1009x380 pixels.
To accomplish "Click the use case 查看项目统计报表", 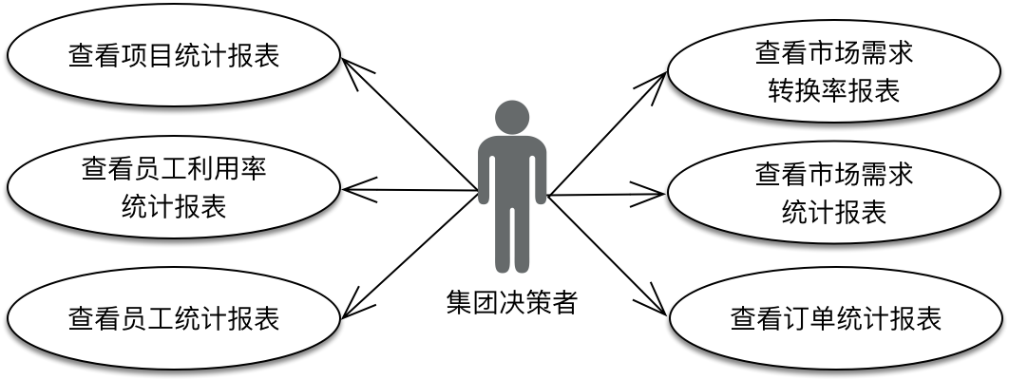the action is [174, 56].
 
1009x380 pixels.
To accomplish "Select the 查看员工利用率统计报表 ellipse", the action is [174, 189].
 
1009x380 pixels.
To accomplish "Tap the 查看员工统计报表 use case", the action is [174, 317].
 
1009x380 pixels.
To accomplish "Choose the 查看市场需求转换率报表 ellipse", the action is [834, 70].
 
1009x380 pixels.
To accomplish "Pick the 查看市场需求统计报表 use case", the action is [834, 192].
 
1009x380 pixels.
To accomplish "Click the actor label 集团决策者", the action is [512, 302].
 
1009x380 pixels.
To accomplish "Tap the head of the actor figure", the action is [512, 117].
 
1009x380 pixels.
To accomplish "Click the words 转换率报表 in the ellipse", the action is [834, 91].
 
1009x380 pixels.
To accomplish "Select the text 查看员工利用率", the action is [174, 170].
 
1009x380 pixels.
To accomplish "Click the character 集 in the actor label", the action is [460, 302].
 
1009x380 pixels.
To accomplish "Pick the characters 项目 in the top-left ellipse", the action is [147, 56].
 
